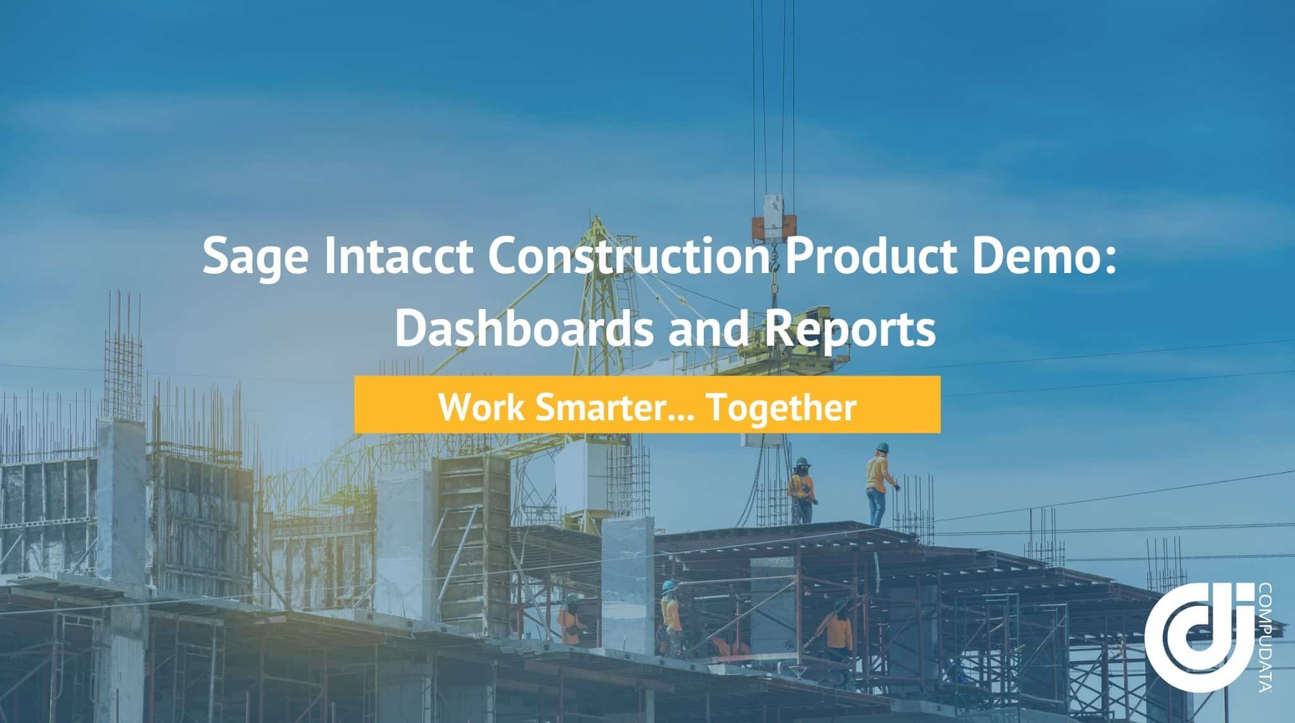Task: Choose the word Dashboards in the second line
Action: click(x=524, y=329)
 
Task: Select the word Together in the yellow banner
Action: click(x=780, y=407)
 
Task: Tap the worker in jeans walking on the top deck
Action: click(x=879, y=483)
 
